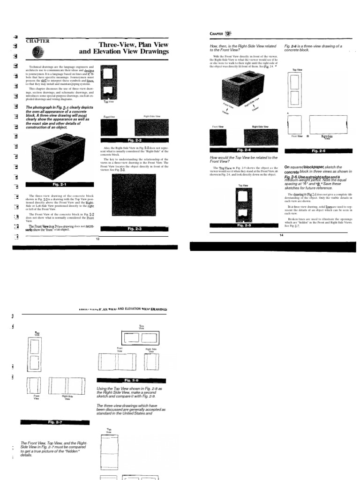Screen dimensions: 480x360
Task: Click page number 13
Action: tap(98, 239)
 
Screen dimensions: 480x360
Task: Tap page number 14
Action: tap(281, 235)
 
